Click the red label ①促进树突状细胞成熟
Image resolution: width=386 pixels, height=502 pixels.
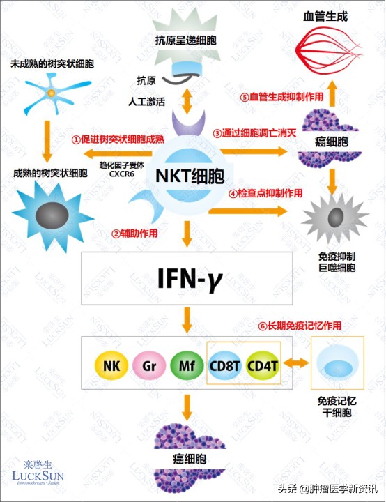pos(116,138)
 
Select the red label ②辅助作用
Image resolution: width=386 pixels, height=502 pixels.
pos(134,233)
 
